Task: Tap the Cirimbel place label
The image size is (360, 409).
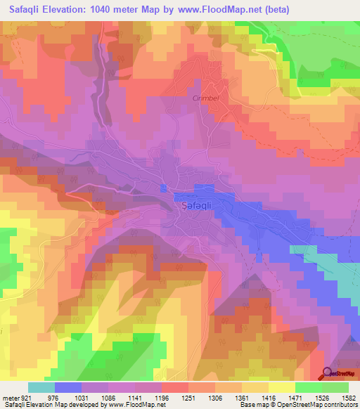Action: tap(206, 98)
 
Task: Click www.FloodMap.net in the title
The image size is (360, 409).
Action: tap(219, 9)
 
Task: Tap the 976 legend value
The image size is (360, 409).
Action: tap(62, 397)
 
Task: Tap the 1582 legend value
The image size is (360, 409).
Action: tap(347, 397)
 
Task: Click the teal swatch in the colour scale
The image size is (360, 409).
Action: tap(41, 387)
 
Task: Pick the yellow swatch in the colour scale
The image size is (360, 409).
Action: tap(282, 387)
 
